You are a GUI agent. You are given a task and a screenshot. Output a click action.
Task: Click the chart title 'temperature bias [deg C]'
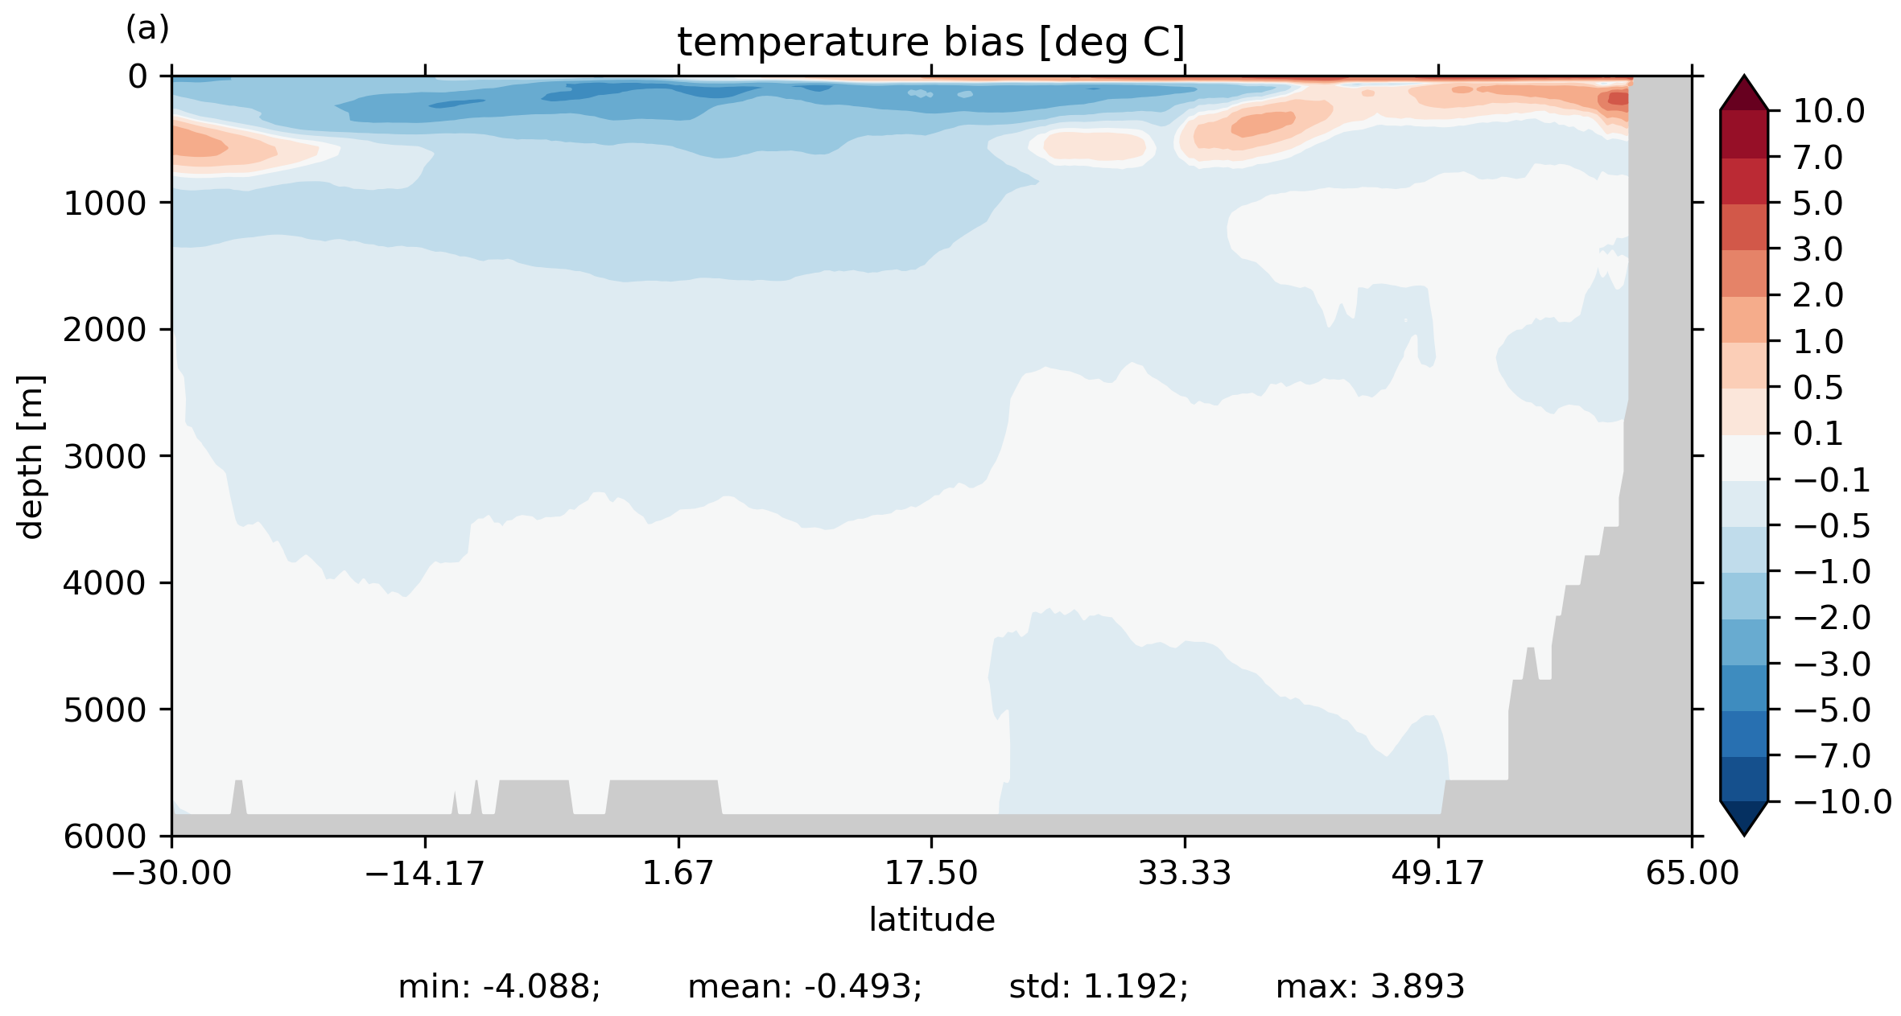pos(930,43)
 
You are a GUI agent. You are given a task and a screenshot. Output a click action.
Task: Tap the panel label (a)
pos(147,29)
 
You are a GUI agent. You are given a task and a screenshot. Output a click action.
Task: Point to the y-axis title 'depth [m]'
pos(31,456)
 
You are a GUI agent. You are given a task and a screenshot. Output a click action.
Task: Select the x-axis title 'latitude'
pos(931,919)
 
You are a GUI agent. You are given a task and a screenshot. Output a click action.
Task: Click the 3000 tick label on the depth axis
pos(105,457)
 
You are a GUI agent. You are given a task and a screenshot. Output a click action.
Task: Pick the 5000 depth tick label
pos(105,710)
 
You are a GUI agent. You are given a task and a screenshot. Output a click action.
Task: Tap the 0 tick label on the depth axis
pos(138,77)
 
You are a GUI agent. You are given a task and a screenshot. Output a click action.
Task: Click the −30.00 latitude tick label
pos(171,873)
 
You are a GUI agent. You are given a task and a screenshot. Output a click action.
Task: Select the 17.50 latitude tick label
pos(931,873)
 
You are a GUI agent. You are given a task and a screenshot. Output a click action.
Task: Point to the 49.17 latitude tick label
pos(1437,873)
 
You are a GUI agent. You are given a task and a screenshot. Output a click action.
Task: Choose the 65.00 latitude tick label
pos(1692,873)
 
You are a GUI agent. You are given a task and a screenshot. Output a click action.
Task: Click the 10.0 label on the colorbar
pos(1829,112)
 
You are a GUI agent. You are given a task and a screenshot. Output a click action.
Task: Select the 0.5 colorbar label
pos(1818,389)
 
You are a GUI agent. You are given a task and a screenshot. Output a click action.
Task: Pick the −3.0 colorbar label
pos(1832,664)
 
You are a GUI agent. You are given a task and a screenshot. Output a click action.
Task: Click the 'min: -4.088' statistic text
pos(499,987)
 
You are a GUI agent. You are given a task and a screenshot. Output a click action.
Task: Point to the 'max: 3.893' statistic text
pos(1370,987)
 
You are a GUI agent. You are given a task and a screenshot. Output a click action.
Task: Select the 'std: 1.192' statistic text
pos(1099,987)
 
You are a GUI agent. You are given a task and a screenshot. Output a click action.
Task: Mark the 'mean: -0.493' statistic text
pos(805,987)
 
